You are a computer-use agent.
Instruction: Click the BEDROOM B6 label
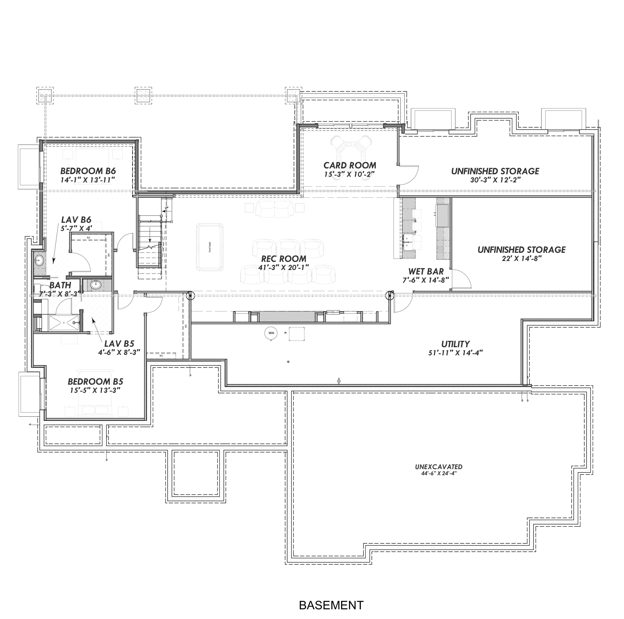88,171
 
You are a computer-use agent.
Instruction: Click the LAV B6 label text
76,220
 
